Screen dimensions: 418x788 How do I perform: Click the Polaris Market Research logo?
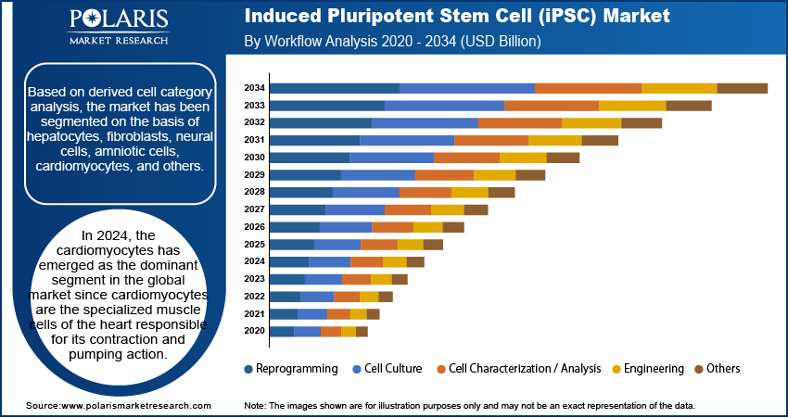pyautogui.click(x=118, y=28)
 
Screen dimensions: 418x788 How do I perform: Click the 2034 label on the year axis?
pyautogui.click(x=254, y=88)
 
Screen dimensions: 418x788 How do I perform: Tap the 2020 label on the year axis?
pyautogui.click(x=254, y=331)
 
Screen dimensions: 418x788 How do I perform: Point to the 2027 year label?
pyautogui.click(x=254, y=209)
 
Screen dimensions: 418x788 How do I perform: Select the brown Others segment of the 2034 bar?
pyautogui.click(x=742, y=88)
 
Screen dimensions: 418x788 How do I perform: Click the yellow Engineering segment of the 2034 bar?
pyautogui.click(x=679, y=88)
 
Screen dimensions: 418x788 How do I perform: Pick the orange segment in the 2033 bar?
pyautogui.click(x=551, y=106)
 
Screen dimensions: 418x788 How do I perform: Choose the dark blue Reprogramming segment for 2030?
pyautogui.click(x=309, y=158)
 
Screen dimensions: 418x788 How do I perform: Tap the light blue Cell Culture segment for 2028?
pyautogui.click(x=365, y=192)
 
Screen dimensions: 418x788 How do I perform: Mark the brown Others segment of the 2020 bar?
pyautogui.click(x=362, y=331)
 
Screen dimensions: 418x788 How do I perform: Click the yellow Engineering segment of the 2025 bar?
pyautogui.click(x=410, y=244)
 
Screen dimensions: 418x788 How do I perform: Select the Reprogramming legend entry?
pyautogui.click(x=291, y=369)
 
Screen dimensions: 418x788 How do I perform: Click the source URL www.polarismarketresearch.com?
pyautogui.click(x=135, y=406)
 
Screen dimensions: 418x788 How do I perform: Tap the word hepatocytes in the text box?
pyautogui.click(x=62, y=136)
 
